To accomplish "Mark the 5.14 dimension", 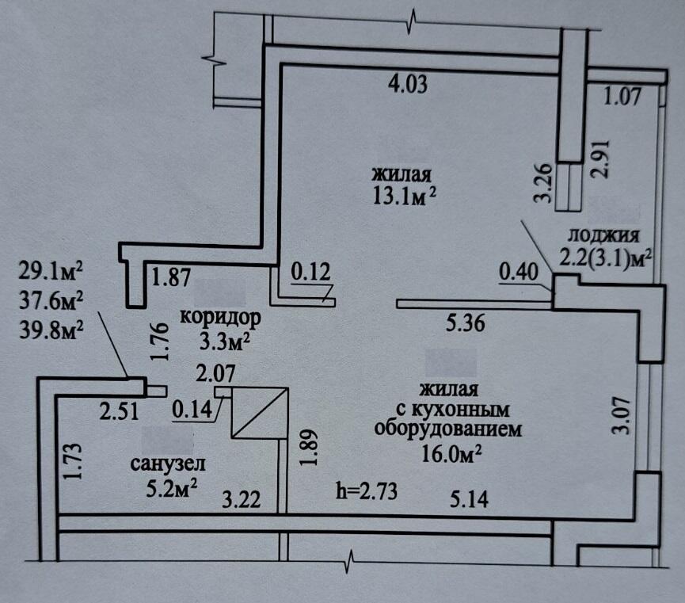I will point(470,499).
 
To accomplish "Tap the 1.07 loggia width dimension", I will point(621,98).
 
